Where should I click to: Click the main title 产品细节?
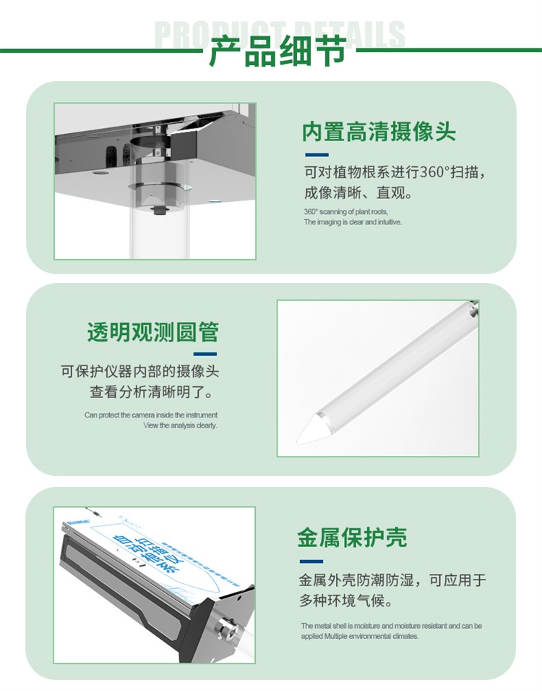coord(271,52)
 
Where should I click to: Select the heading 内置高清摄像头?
coord(379,132)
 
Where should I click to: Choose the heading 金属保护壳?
coord(352,537)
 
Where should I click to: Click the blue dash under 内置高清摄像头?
coord(316,155)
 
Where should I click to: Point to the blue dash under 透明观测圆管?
coord(205,354)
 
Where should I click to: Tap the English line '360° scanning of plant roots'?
coord(345,212)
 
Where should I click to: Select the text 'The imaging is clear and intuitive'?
coord(352,222)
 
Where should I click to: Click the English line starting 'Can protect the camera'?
coord(150,415)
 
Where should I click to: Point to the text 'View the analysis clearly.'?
coord(180,425)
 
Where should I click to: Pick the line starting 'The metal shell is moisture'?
coord(391,626)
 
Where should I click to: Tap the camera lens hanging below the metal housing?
coord(157,211)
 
